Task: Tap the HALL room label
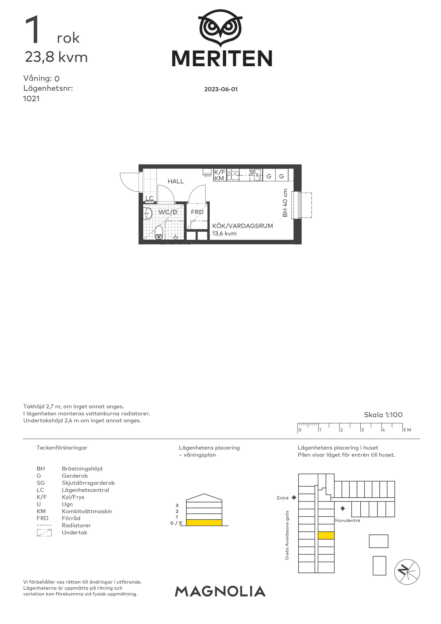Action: click(x=175, y=181)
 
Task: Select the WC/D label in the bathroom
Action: click(x=168, y=212)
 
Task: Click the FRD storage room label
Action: click(x=197, y=212)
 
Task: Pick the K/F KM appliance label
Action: click(x=220, y=175)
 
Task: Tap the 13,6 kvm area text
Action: click(x=224, y=233)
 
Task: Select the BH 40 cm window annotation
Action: click(x=285, y=203)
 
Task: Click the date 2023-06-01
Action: click(x=221, y=89)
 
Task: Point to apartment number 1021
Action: click(x=31, y=99)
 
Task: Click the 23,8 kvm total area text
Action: click(x=56, y=57)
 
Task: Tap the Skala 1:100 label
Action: click(x=383, y=415)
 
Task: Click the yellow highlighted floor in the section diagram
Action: click(x=204, y=522)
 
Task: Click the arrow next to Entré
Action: click(x=294, y=498)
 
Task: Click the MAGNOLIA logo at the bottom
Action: click(x=220, y=591)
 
